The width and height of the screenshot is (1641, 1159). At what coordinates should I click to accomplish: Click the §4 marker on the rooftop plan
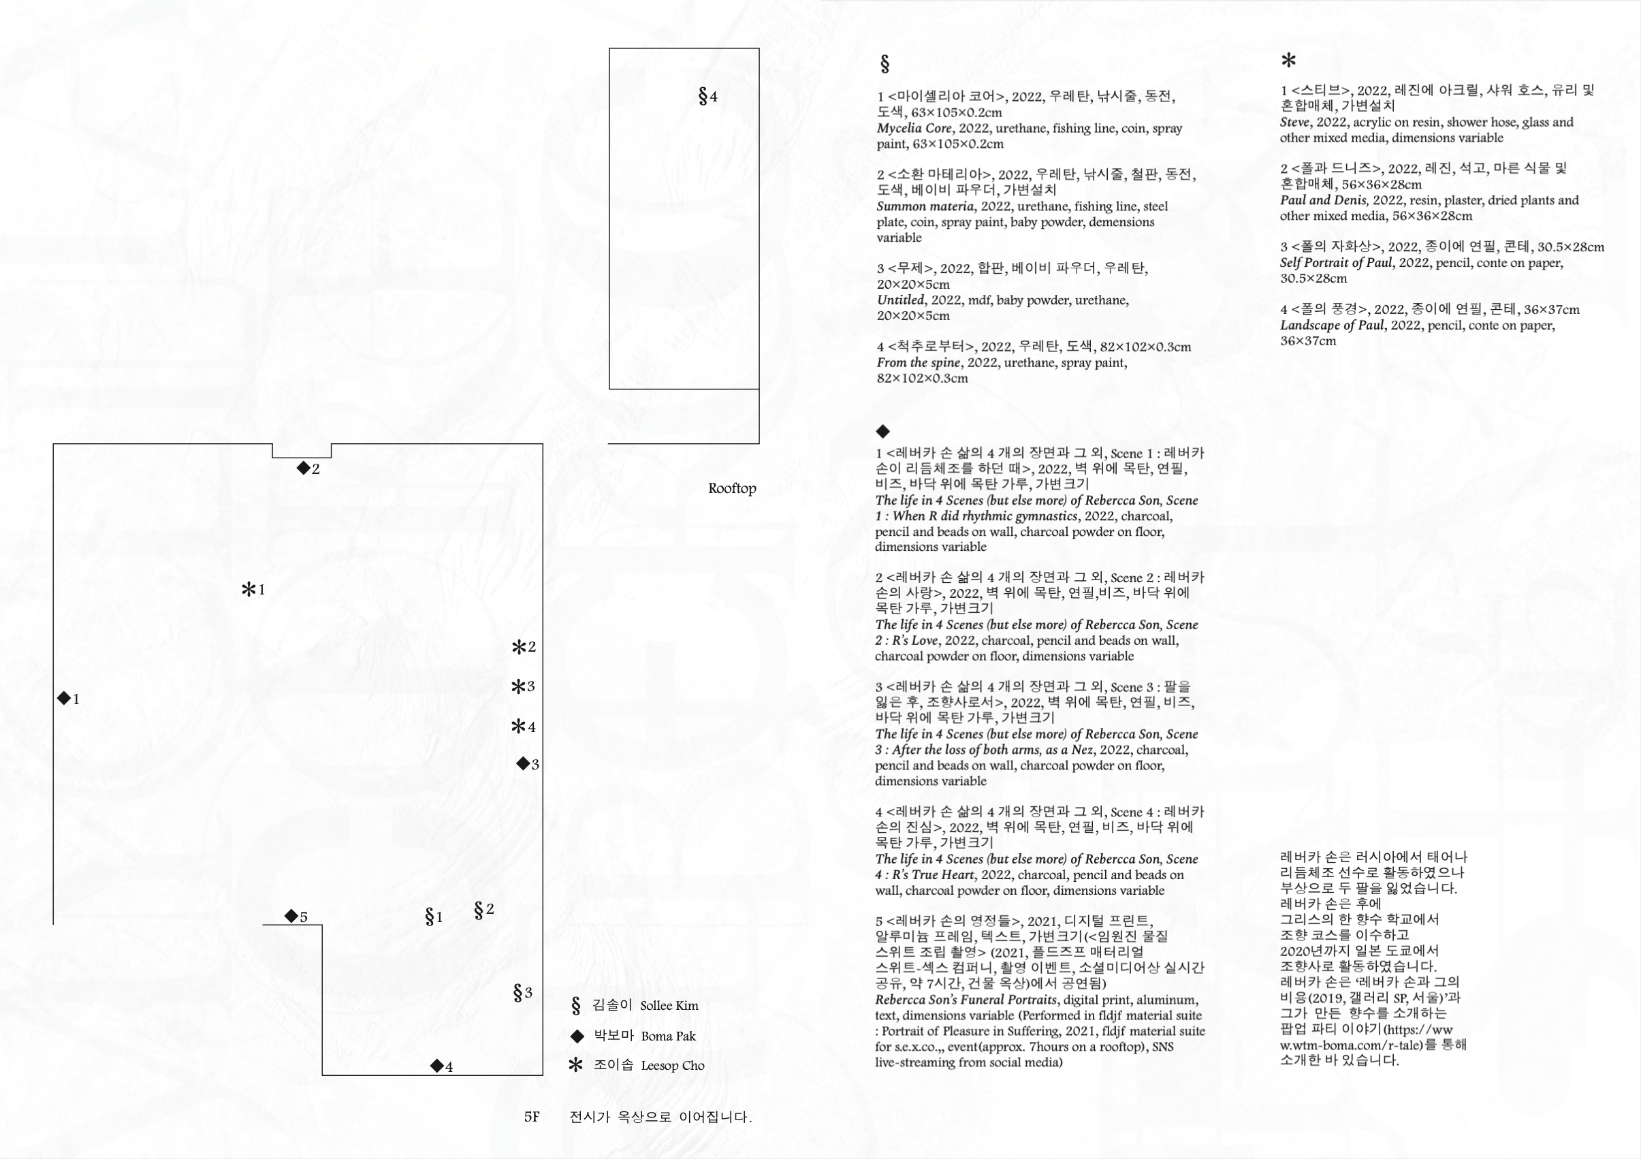(x=707, y=96)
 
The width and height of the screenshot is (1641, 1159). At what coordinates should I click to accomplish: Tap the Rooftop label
(x=732, y=488)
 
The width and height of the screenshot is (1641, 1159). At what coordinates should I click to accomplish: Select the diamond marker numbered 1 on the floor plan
(x=68, y=699)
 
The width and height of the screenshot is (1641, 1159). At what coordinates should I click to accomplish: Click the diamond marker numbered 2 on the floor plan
(x=308, y=469)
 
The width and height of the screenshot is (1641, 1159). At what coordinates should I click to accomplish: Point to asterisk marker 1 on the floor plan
(x=253, y=590)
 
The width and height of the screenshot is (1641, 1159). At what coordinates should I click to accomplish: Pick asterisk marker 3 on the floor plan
(x=523, y=687)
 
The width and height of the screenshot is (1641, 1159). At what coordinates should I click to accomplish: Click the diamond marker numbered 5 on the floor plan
(x=296, y=917)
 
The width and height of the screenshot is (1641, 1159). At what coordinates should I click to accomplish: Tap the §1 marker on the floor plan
(x=433, y=917)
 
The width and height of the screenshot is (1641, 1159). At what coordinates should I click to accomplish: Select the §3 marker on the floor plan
(x=522, y=992)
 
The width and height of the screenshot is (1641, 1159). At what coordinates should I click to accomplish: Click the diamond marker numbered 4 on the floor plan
(x=442, y=1067)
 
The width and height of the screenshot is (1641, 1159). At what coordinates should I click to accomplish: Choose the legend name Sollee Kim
(x=669, y=1006)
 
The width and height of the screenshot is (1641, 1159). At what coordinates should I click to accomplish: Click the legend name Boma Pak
(x=668, y=1036)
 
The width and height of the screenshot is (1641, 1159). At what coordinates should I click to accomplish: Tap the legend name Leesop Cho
(x=673, y=1065)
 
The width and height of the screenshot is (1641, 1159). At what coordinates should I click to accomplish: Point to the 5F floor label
(x=532, y=1117)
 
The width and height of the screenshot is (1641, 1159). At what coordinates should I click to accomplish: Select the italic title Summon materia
(x=925, y=206)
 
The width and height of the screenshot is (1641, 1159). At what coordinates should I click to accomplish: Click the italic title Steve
(x=1295, y=123)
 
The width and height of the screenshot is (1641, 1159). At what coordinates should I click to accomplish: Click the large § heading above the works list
(x=885, y=64)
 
